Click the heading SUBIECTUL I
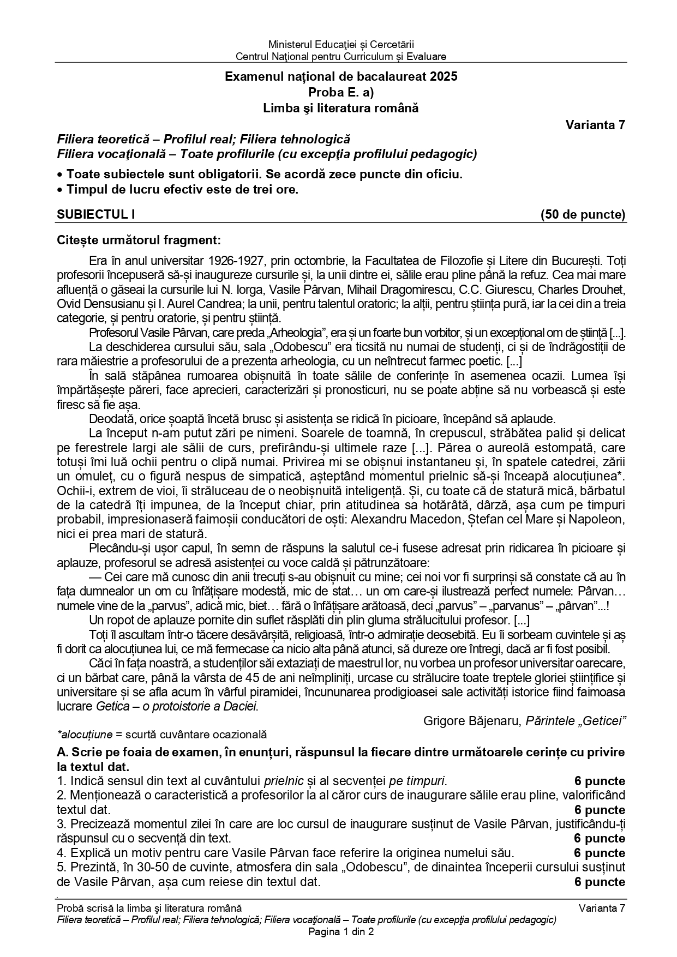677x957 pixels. click(x=96, y=215)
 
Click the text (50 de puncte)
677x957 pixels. click(x=583, y=215)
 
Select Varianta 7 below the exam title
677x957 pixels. click(x=595, y=125)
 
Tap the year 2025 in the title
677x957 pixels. click(x=444, y=77)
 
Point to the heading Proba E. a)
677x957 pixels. click(x=341, y=92)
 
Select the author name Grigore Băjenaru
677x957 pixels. click(x=472, y=721)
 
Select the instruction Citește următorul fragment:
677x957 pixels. click(x=139, y=240)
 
